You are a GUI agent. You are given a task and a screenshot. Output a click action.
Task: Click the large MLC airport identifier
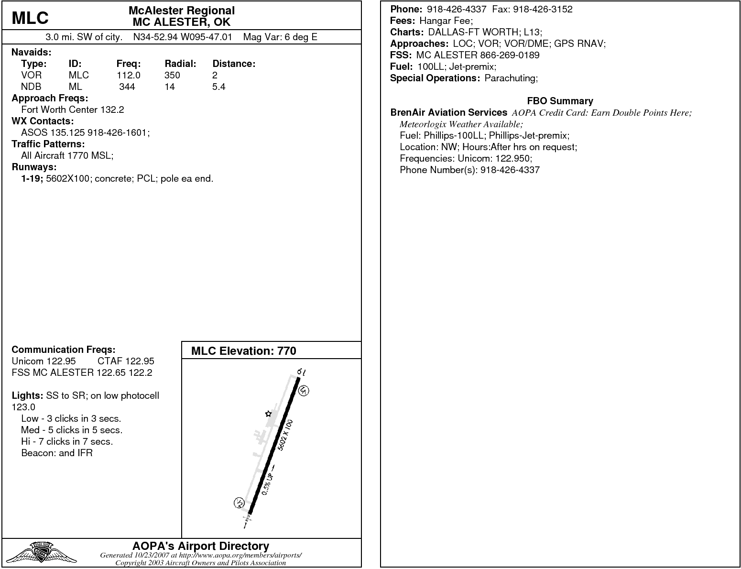pos(30,18)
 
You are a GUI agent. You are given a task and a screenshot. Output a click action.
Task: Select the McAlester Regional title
pos(182,11)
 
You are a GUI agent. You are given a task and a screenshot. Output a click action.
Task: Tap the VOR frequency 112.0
pos(129,75)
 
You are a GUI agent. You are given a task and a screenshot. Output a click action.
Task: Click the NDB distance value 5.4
pos(219,87)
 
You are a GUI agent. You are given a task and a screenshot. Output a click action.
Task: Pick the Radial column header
pos(180,64)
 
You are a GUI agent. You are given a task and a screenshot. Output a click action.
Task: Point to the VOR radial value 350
pos(172,75)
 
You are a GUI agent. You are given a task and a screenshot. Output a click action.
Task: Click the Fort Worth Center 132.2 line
pos(73,109)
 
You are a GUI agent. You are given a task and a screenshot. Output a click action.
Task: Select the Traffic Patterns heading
pos(48,144)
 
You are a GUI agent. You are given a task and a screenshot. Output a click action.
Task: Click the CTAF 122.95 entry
pos(126,361)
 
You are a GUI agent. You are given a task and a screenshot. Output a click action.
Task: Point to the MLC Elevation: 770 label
pos(243,351)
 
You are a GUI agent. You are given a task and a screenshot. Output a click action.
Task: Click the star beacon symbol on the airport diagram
pos(268,414)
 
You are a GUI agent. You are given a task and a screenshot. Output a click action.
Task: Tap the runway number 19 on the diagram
pos(301,372)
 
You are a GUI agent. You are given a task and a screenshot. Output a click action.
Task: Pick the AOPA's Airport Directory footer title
pos(200,546)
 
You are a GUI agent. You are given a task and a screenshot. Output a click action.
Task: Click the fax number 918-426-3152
pos(543,9)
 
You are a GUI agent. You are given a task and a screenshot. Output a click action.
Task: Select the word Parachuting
pos(511,78)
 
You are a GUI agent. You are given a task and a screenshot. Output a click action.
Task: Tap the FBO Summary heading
pos(560,101)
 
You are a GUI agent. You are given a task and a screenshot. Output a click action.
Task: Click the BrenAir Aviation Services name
pos(448,112)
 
